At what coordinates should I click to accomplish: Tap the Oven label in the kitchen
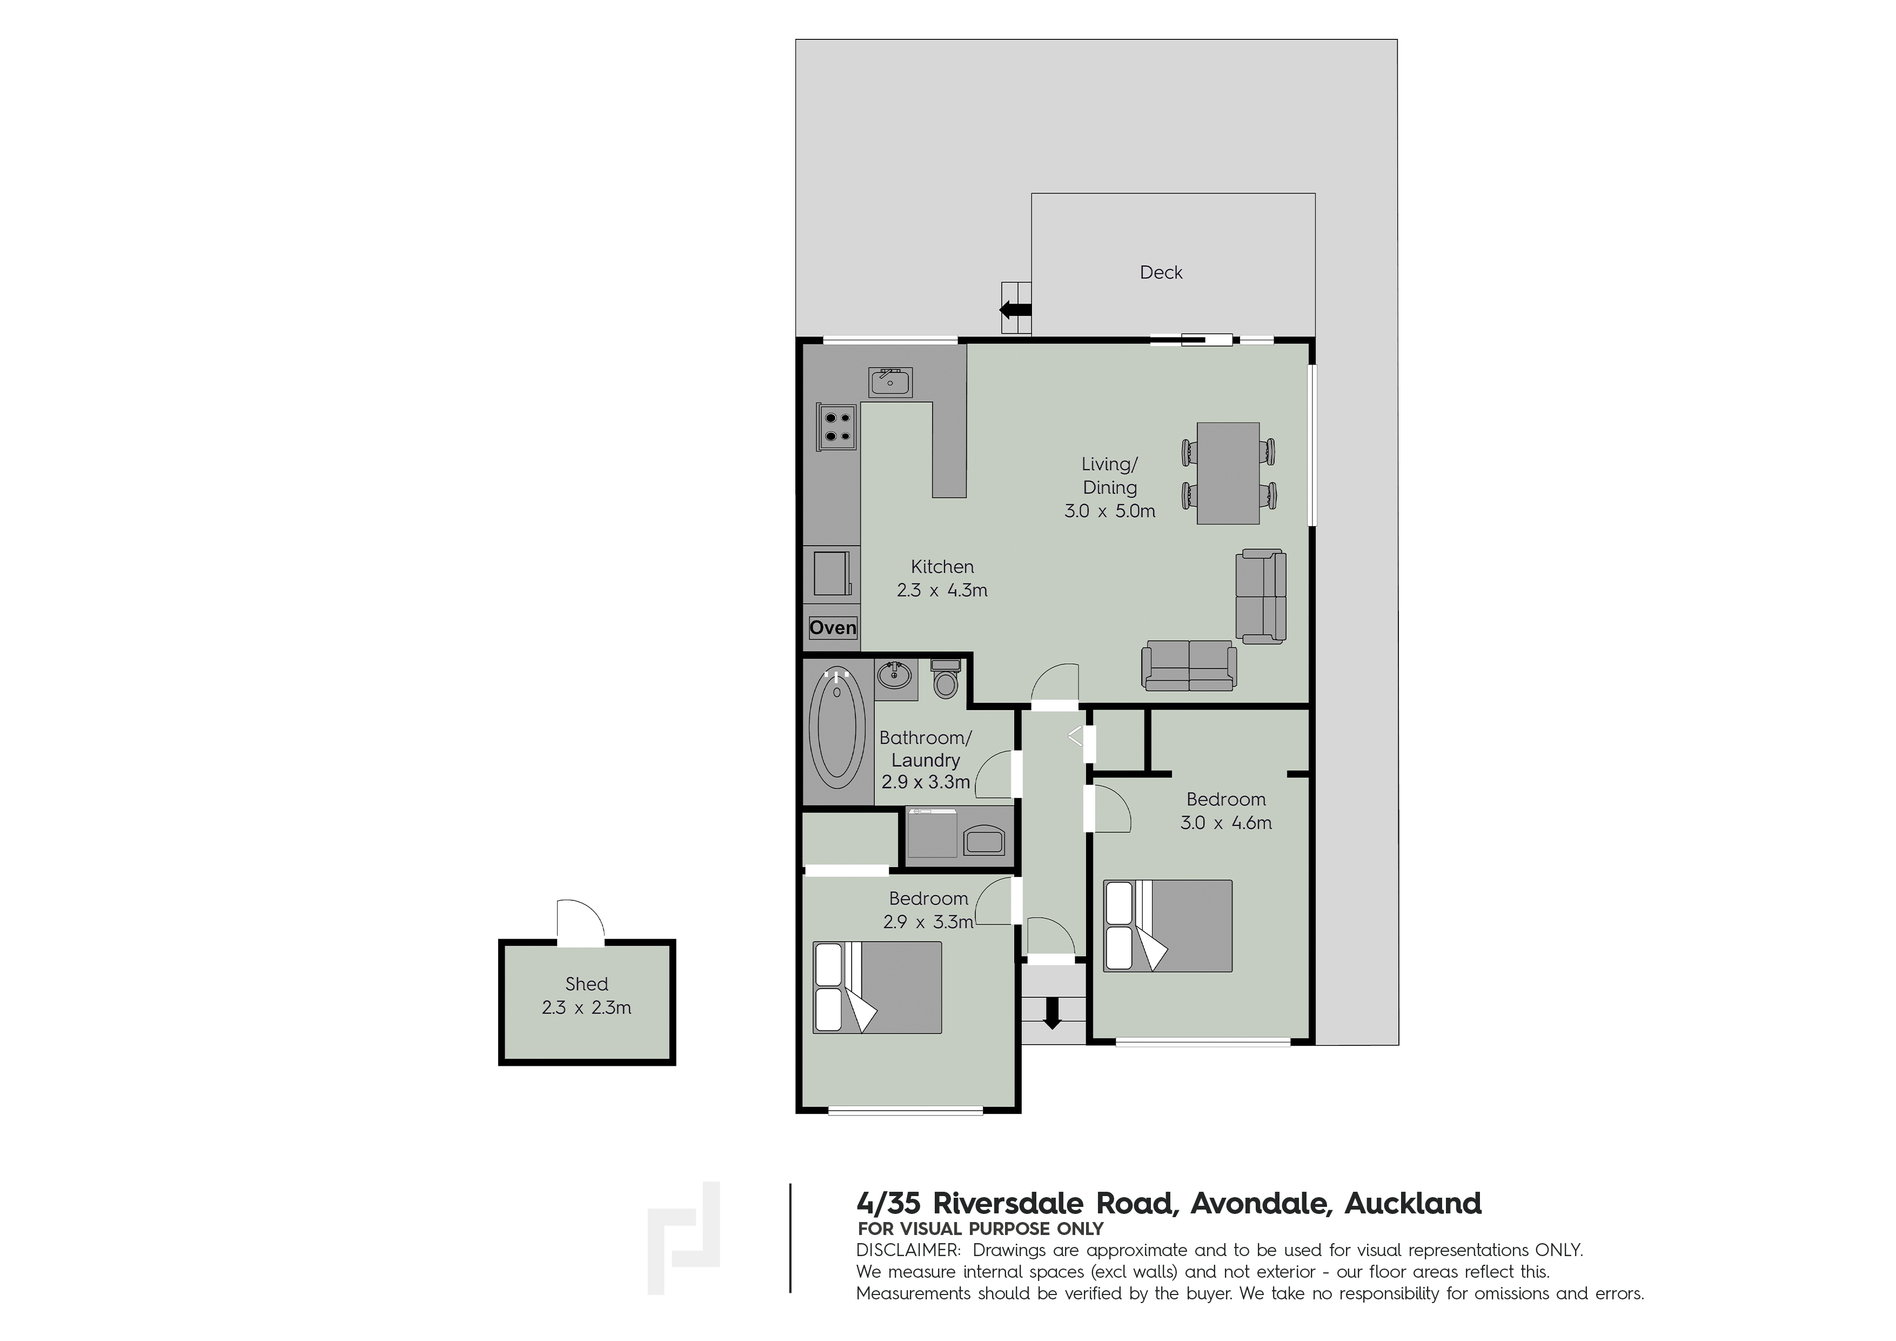click(833, 628)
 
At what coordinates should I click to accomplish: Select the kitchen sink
click(890, 382)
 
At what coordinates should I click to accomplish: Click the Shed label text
click(586, 984)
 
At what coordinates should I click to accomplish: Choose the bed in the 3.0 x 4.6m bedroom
click(1168, 925)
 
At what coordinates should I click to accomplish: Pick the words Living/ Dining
click(1110, 476)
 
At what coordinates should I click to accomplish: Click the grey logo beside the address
click(684, 1237)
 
